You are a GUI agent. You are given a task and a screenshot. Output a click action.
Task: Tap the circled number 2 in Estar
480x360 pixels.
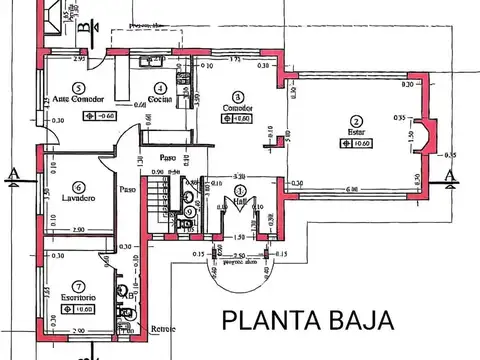point(356,119)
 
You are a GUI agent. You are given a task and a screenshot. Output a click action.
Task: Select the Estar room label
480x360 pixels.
point(356,131)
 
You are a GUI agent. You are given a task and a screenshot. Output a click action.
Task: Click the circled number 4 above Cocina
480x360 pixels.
point(158,87)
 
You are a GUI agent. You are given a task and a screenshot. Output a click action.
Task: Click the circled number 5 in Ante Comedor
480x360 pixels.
point(77,87)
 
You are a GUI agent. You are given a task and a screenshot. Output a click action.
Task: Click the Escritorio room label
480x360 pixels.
point(76,297)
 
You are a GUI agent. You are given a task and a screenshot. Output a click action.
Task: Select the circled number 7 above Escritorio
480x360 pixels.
point(75,285)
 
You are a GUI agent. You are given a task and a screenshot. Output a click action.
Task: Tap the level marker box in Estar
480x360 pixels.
point(357,143)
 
